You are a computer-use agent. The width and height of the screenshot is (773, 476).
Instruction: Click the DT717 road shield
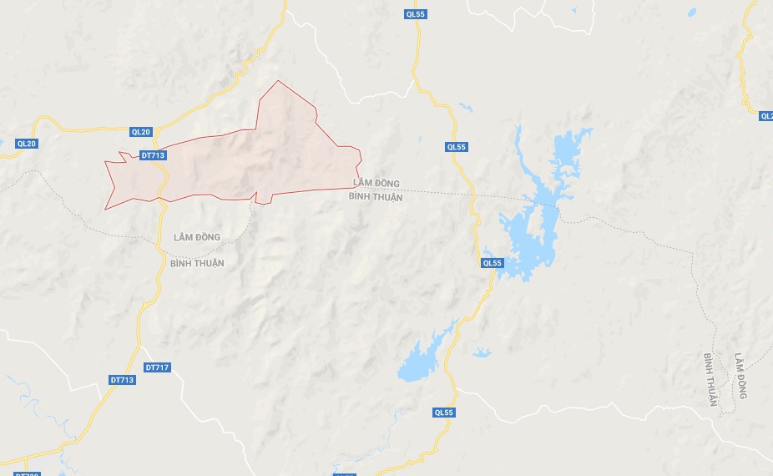pyautogui.click(x=157, y=367)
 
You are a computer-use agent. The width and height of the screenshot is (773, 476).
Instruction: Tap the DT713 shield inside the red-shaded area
pyautogui.click(x=154, y=155)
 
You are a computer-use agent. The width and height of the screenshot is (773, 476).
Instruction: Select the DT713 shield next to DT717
pyautogui.click(x=122, y=380)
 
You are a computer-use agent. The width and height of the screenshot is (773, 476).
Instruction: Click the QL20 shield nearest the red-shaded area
pyautogui.click(x=141, y=132)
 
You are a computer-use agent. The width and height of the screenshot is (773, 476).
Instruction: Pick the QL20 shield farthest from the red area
pyautogui.click(x=27, y=144)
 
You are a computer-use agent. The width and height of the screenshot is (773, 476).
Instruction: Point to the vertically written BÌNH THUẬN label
pyautogui.click(x=710, y=379)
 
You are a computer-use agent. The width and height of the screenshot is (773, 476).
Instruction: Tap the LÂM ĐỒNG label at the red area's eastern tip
pyautogui.click(x=376, y=184)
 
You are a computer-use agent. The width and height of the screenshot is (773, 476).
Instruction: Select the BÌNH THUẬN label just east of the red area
pyautogui.click(x=376, y=198)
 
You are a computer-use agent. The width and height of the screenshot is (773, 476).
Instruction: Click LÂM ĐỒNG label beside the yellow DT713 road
pyautogui.click(x=196, y=237)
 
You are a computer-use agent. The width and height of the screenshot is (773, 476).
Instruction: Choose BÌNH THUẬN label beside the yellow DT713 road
pyautogui.click(x=197, y=263)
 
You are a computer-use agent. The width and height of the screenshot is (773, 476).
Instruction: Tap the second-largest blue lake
pyautogui.click(x=422, y=359)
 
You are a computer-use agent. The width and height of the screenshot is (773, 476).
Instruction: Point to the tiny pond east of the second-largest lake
pyautogui.click(x=482, y=353)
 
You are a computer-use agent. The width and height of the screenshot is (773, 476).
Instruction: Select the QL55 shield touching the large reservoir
pyautogui.click(x=493, y=263)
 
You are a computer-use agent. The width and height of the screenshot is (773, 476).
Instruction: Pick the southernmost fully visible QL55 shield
pyautogui.click(x=444, y=413)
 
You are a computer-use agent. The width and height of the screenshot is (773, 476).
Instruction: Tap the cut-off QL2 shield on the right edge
pyautogui.click(x=766, y=116)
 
